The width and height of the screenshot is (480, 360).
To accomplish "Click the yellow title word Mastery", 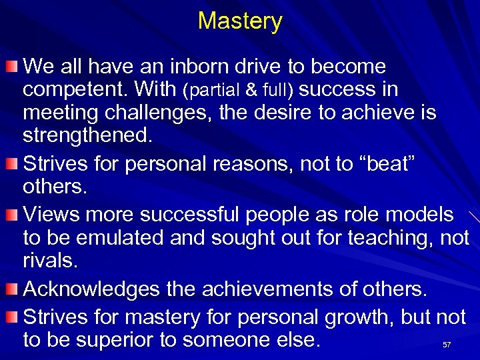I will pos(240,21).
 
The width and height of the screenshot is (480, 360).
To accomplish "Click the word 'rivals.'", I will pos(50,261).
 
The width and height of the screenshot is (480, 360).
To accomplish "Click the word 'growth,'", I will pos(360,317).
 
